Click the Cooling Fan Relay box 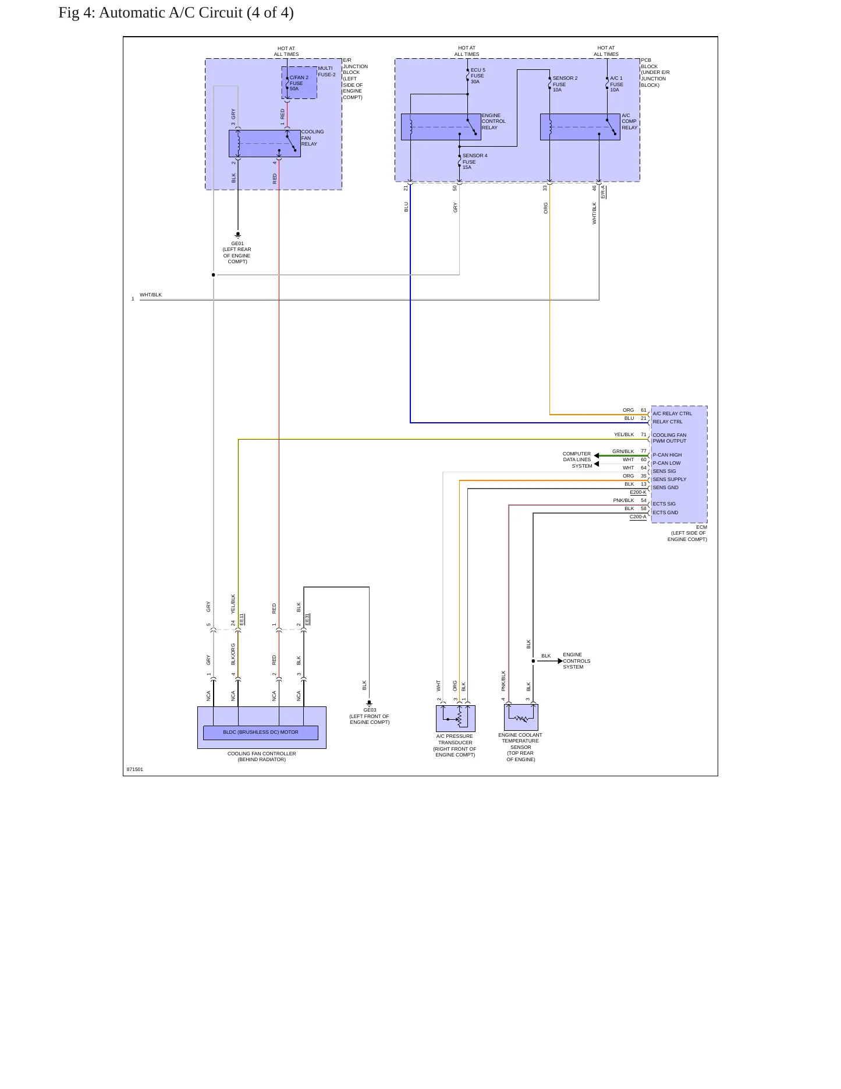pos(265,143)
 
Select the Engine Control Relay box pos(441,126)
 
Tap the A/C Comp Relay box pos(580,126)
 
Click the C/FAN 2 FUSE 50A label pos(299,83)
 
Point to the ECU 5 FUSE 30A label pos(478,76)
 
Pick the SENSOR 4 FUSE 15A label pos(475,161)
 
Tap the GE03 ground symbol pos(369,703)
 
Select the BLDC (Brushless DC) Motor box pos(261,733)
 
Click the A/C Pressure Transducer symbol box pos(456,718)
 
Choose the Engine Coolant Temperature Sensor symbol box pos(521,717)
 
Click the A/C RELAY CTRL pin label pos(672,413)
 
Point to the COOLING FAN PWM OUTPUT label pos(669,438)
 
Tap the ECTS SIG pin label pos(664,504)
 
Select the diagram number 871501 pos(135,769)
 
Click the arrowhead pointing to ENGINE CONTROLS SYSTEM pos(560,661)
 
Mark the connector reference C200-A pos(638,517)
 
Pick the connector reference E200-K pos(638,492)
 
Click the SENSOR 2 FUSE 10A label pos(565,84)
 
